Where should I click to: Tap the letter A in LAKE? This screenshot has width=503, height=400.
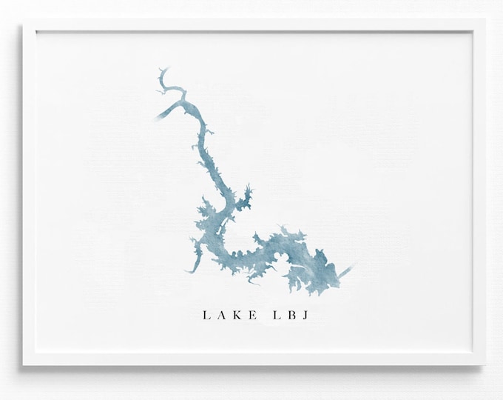(222, 316)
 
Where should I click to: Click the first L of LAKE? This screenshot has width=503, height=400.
(206, 316)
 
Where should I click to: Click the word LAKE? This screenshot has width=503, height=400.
(230, 316)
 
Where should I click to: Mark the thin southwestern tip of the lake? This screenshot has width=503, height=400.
(191, 270)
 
